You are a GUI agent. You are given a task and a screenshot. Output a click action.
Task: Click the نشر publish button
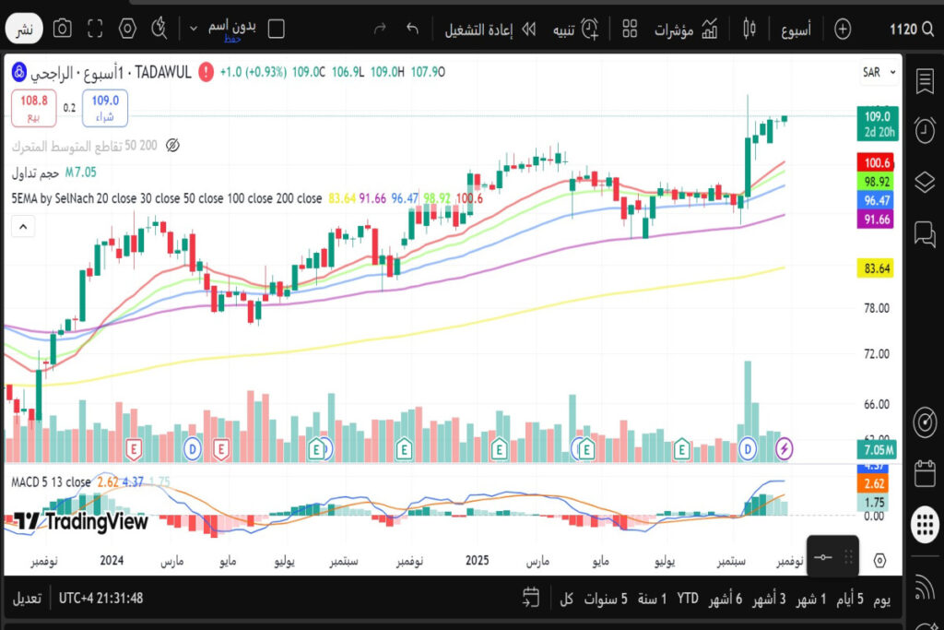[25, 30]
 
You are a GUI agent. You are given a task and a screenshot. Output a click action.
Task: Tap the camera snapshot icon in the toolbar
[62, 29]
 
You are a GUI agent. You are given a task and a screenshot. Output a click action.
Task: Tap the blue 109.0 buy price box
[104, 107]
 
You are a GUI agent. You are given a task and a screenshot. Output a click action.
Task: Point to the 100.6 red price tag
[877, 162]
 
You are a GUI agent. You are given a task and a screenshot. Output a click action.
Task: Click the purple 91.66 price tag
[877, 219]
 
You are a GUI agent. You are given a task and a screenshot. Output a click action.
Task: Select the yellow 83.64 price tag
[877, 268]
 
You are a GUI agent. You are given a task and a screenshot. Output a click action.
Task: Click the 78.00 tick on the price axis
[877, 308]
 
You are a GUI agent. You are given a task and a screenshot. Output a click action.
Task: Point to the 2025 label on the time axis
[477, 560]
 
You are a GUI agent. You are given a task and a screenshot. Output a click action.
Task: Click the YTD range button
[688, 598]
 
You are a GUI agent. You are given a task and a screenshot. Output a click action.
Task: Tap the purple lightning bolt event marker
[785, 448]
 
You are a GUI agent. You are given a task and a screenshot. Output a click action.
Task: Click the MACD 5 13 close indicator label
[51, 481]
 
